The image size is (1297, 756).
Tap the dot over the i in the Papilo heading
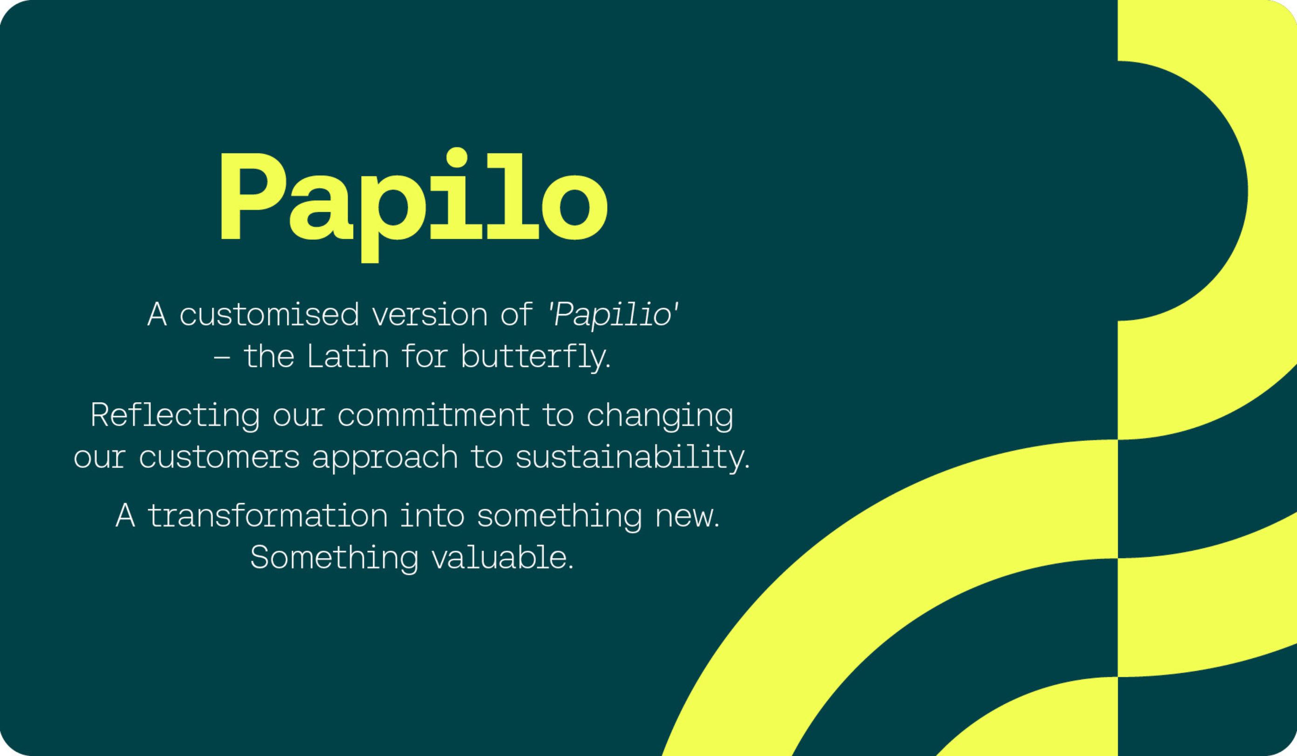click(457, 157)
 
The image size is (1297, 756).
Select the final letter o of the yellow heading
click(575, 207)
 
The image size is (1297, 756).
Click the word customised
click(269, 315)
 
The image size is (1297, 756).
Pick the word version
click(429, 315)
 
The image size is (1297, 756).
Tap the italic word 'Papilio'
click(613, 315)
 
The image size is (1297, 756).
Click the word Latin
click(348, 357)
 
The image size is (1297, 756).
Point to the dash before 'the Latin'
click(222, 357)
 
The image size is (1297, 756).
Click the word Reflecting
click(175, 416)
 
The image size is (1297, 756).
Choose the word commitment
click(433, 416)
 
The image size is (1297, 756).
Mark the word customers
click(219, 457)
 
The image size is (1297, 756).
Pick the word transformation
click(267, 516)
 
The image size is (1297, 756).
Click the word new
click(687, 516)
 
